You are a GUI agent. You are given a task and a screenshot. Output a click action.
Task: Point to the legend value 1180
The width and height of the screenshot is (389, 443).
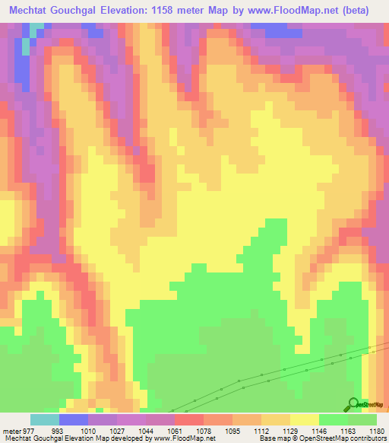click(x=376, y=432)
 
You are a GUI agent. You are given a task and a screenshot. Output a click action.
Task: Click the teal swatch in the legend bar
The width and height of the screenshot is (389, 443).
click(x=45, y=419)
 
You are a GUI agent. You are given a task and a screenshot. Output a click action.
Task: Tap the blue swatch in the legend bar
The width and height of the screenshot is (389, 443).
click(x=74, y=419)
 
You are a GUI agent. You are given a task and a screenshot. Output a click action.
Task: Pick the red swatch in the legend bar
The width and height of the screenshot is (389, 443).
click(x=189, y=419)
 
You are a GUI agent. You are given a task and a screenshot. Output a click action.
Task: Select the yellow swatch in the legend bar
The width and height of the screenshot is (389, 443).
click(x=305, y=419)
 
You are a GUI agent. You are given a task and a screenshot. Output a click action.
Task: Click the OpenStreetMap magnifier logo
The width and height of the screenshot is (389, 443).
click(x=353, y=403)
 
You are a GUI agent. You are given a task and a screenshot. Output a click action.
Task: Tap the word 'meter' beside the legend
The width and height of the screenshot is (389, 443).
click(x=12, y=432)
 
